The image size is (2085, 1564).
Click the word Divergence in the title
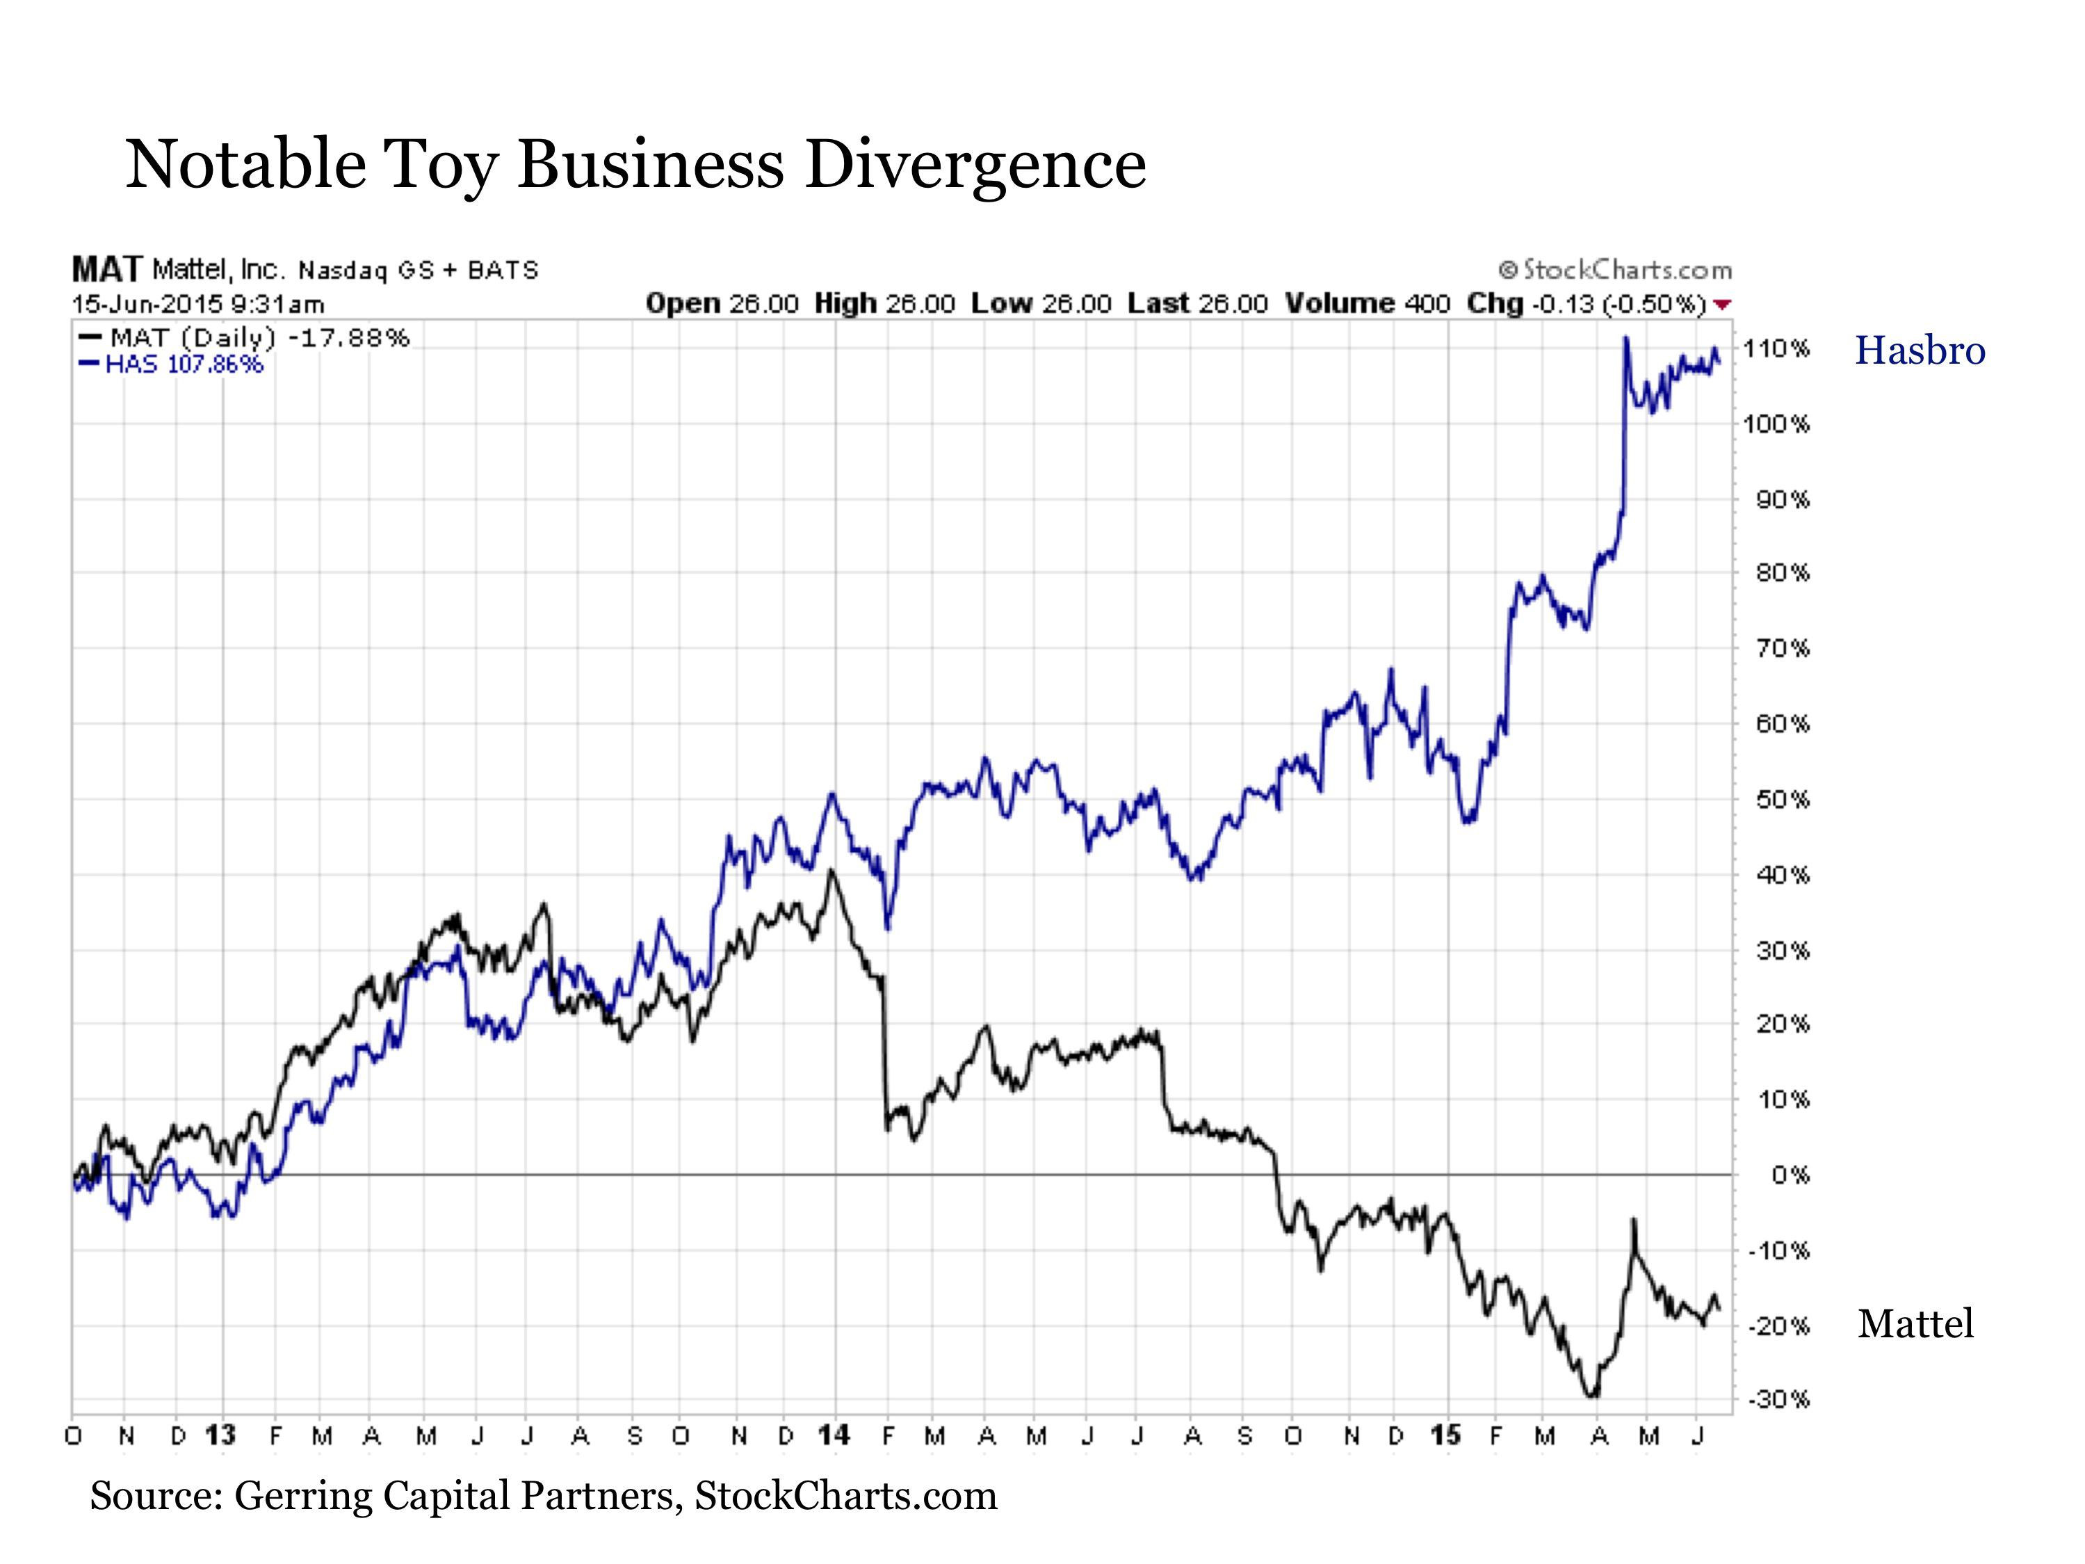975,164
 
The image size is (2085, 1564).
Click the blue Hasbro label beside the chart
1919,350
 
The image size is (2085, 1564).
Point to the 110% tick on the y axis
1776,349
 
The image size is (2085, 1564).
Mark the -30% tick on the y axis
1778,1399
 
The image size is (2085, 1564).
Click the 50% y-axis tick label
1781,800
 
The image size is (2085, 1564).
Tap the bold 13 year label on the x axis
220,1436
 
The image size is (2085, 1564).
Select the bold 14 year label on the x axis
834,1436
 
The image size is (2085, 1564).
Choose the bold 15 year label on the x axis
1446,1436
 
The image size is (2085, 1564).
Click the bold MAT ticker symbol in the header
106,270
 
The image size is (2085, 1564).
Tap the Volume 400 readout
1367,304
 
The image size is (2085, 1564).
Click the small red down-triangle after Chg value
1723,305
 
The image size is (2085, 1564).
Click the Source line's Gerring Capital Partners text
453,1496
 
